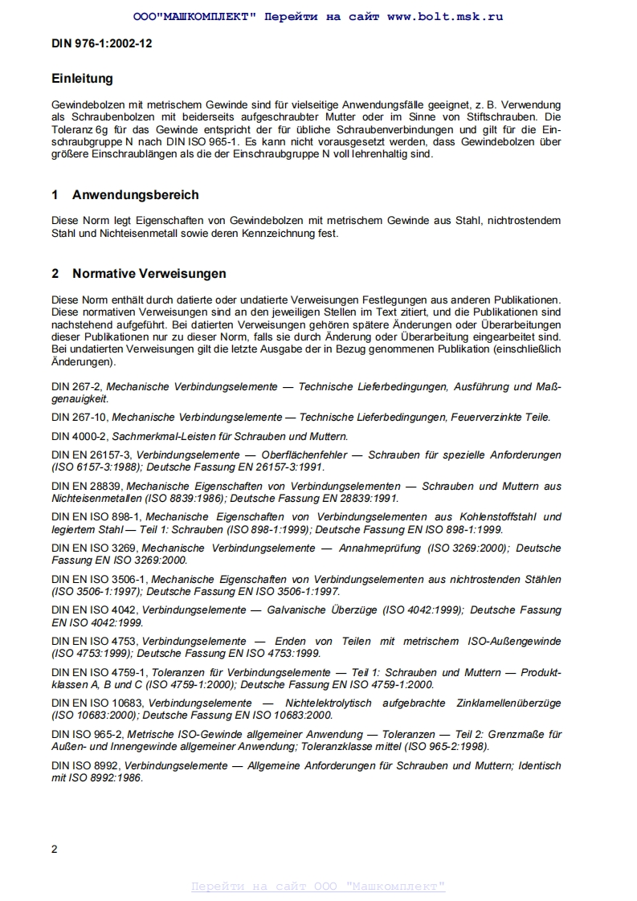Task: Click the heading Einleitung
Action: (82, 79)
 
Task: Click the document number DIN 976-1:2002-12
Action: (102, 43)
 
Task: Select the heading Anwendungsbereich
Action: (135, 195)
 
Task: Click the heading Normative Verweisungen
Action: (149, 274)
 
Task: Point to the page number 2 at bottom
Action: (55, 850)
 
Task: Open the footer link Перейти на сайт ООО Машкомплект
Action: (318, 886)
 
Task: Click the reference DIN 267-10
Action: (79, 418)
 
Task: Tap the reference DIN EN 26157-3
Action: (92, 455)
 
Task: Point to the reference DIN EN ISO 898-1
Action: (96, 517)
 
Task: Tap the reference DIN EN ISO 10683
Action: (97, 703)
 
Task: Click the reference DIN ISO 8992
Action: (86, 766)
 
